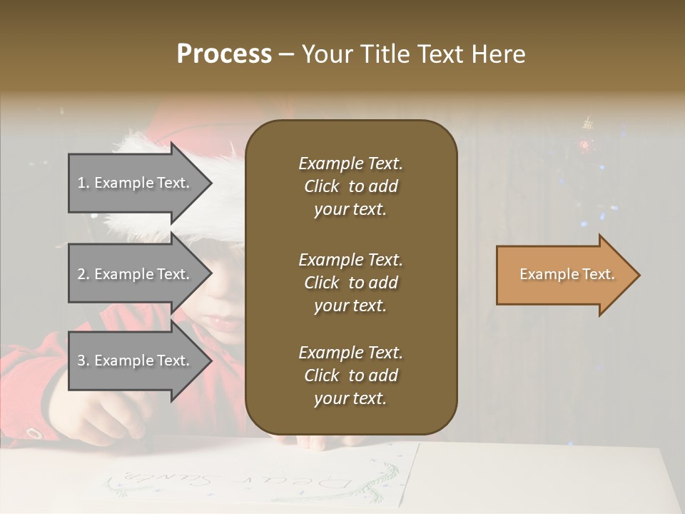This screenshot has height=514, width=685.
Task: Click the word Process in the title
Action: (x=224, y=54)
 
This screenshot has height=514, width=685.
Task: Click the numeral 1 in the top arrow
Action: (x=81, y=183)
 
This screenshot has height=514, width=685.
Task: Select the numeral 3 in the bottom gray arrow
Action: (x=81, y=361)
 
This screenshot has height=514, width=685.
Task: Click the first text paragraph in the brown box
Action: (x=350, y=186)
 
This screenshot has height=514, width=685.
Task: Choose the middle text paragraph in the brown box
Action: (x=350, y=283)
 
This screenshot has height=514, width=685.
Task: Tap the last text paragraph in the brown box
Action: (x=350, y=376)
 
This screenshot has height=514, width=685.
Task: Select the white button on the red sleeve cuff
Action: (x=33, y=433)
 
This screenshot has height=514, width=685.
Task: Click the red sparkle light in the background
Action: (x=585, y=146)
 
